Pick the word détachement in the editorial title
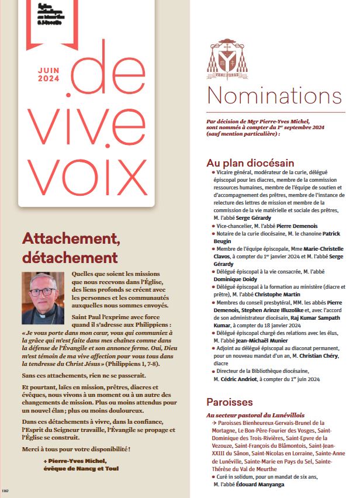(70, 257)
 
